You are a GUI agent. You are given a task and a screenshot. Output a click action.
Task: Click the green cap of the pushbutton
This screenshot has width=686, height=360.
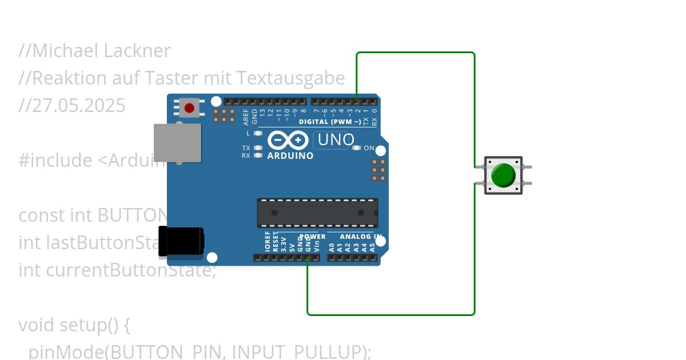tap(503, 175)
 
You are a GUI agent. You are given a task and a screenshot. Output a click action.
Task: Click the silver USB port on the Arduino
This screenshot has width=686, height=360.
tap(178, 143)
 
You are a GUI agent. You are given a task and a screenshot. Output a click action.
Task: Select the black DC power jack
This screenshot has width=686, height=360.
tap(181, 241)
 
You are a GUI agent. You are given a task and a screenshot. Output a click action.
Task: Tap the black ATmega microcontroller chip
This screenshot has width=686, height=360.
tap(317, 213)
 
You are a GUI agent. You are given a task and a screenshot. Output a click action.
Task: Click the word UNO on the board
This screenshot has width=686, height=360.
tap(336, 139)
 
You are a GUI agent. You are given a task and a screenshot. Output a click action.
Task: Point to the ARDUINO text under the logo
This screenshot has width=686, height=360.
tap(290, 155)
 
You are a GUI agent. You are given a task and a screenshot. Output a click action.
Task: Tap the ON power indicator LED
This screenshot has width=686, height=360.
tap(357, 148)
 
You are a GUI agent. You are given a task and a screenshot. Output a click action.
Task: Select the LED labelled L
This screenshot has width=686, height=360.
tap(258, 133)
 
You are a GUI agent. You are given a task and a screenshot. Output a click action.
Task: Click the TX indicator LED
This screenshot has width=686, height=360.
tap(258, 148)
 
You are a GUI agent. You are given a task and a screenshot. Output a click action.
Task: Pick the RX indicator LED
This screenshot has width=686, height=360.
tap(258, 155)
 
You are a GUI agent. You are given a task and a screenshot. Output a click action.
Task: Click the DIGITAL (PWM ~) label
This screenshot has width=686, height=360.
tap(330, 122)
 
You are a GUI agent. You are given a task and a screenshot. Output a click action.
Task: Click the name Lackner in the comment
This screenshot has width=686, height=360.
tap(137, 51)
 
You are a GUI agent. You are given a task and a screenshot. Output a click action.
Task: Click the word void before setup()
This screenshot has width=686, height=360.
tap(37, 325)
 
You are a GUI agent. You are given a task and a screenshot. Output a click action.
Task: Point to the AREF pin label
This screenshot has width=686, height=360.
tap(246, 117)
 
